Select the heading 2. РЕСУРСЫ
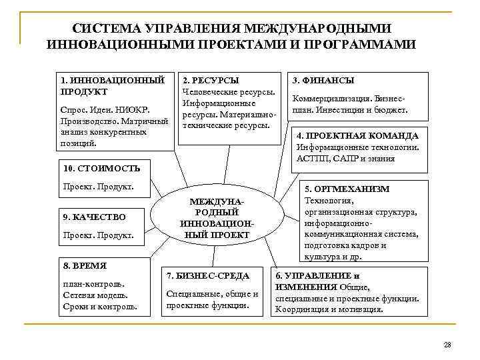click(x=210, y=80)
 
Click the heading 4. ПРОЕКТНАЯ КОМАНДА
click(x=357, y=135)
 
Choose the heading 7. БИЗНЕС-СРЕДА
click(x=207, y=275)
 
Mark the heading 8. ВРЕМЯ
click(x=84, y=265)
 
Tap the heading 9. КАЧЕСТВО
click(x=93, y=217)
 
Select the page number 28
click(x=447, y=344)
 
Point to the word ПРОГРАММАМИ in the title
click(x=360, y=44)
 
